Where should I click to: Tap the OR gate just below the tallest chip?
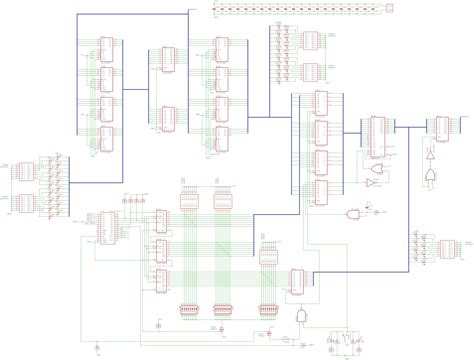pyautogui.click(x=372, y=186)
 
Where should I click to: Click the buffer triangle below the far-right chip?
pyautogui.click(x=430, y=157)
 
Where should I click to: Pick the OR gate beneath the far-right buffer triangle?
pyautogui.click(x=430, y=176)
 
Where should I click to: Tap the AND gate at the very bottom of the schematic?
pyautogui.click(x=300, y=315)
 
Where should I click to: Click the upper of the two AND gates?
pyautogui.click(x=351, y=215)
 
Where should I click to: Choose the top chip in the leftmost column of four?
pyautogui.click(x=106, y=48)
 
